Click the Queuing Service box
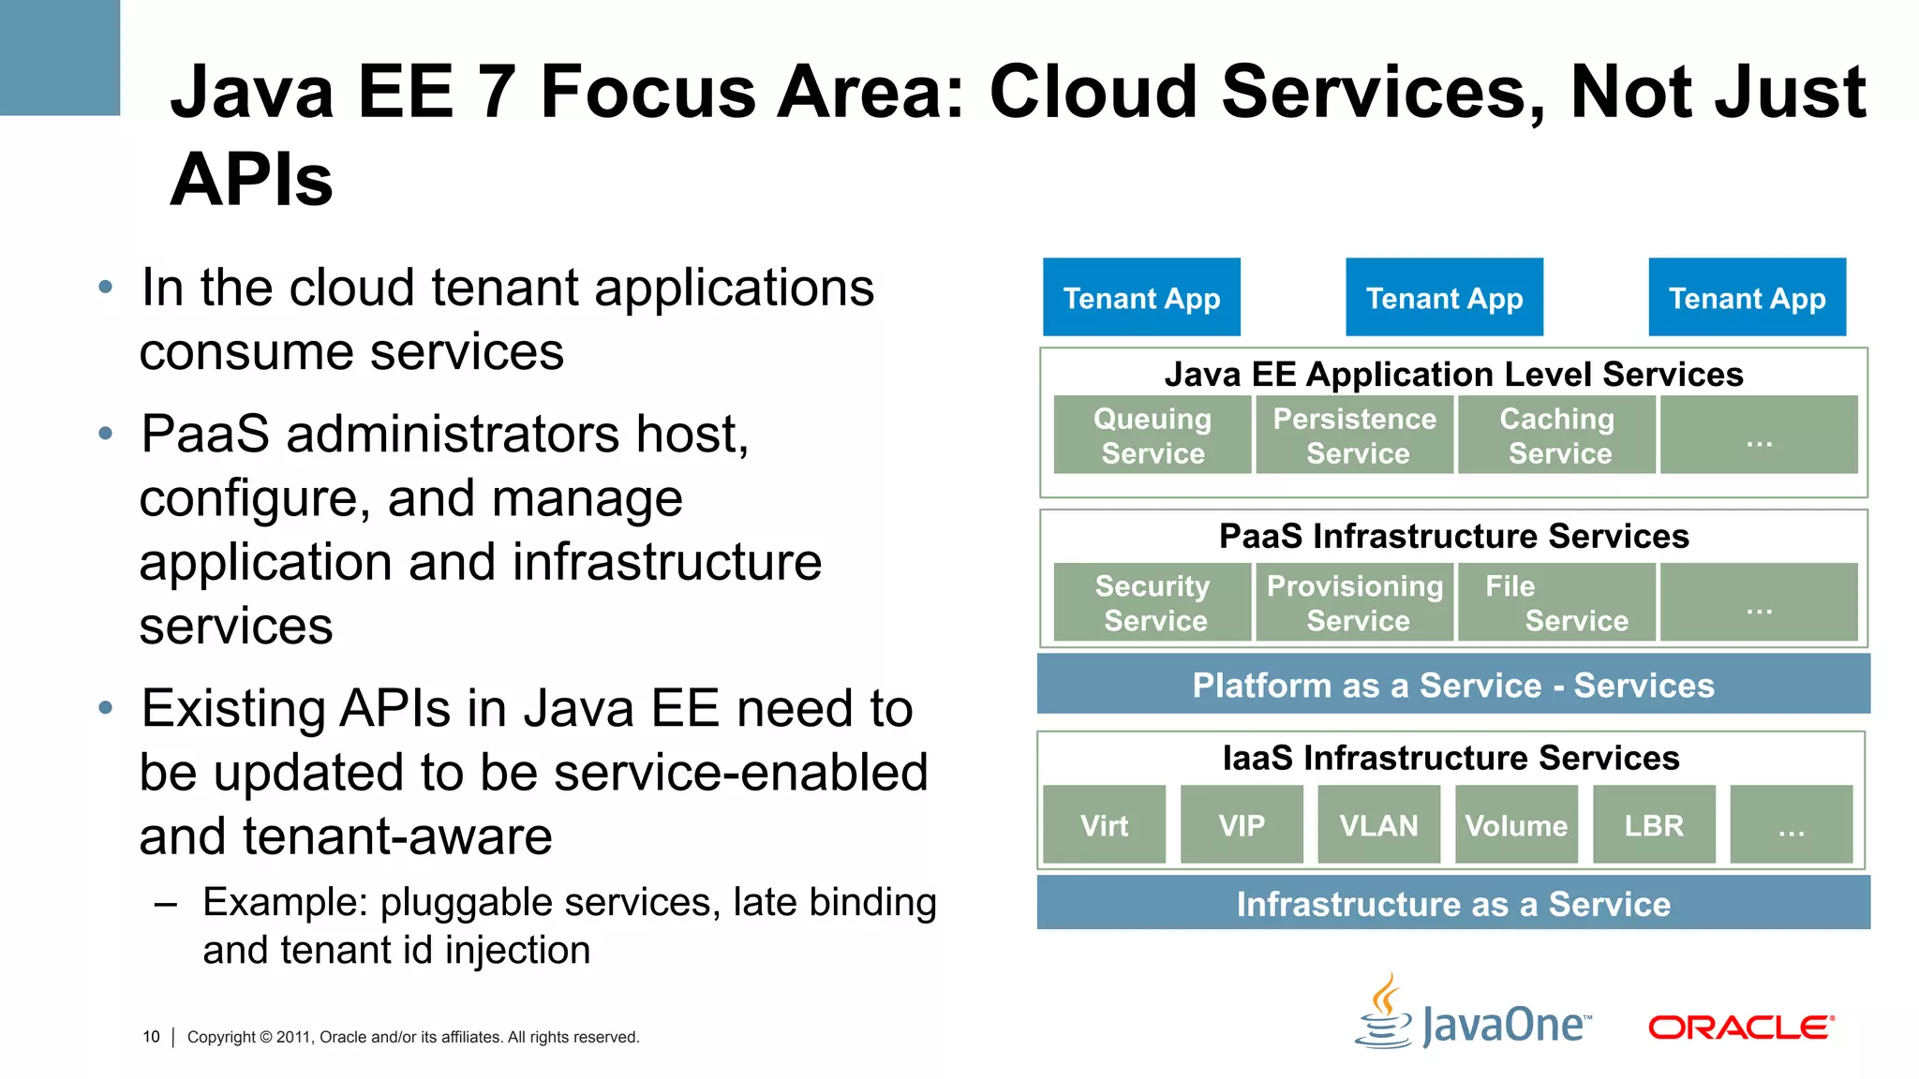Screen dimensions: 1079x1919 1152,435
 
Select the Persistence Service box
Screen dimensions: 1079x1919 1354,435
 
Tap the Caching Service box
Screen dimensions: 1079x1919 1556,435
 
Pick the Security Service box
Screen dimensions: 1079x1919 1152,602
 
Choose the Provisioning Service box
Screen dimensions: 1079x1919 1354,602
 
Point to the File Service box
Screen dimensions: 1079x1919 1556,602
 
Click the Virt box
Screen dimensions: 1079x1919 1104,824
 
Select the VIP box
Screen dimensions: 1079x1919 1242,824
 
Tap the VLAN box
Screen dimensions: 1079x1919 1378,824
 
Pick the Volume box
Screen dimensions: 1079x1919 1516,824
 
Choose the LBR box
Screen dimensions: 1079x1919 1654,824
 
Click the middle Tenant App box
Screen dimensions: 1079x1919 1444,297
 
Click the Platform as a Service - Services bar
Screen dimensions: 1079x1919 1452,685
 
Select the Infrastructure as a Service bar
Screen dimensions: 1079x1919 1452,903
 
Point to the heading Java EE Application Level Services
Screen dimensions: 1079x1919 1453,374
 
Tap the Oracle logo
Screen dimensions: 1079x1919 1741,1027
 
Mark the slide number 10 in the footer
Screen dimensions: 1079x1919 151,1037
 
